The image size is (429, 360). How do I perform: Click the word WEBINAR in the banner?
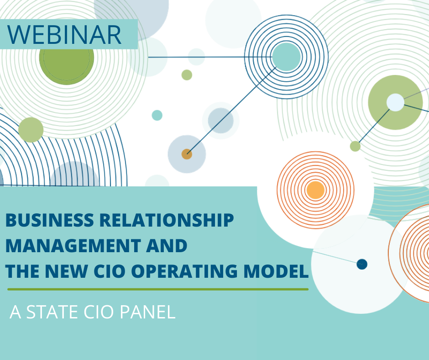(64, 35)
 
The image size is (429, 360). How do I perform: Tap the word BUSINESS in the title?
(50, 220)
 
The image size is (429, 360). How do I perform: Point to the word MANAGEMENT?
(73, 245)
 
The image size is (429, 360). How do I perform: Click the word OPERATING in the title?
(184, 271)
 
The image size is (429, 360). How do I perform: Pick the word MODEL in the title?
(276, 271)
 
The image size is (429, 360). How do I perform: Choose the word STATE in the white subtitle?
(52, 312)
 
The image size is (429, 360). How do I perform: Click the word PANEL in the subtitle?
(147, 312)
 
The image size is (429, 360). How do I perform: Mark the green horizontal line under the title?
(158, 289)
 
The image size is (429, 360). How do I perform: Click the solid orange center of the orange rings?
(315, 190)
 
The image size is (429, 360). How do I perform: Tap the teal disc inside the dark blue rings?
(286, 57)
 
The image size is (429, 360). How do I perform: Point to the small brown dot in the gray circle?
(187, 154)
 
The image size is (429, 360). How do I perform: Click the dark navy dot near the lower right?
(362, 264)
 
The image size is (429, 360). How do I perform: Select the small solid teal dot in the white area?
(157, 115)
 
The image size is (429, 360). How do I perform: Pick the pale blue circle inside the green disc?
(395, 102)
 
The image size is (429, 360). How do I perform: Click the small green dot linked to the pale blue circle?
(355, 146)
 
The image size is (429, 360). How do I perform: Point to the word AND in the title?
(167, 245)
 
